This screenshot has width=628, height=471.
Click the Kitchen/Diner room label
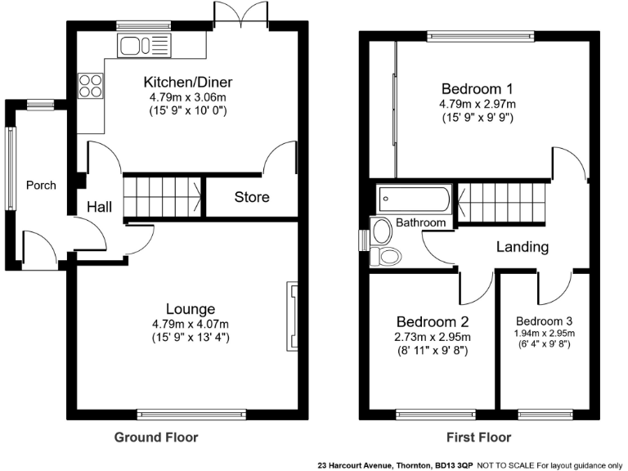(188, 83)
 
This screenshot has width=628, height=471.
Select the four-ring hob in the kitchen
(90, 86)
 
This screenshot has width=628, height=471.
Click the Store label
(252, 197)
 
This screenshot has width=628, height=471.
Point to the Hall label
(99, 208)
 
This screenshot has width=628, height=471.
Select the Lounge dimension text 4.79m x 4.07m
(190, 323)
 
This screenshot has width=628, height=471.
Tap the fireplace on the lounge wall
(291, 315)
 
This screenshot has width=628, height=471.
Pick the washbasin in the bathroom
(381, 231)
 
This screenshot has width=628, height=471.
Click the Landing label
(522, 246)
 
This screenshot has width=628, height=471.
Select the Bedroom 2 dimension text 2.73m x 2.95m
(433, 336)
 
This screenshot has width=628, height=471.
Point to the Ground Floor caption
(155, 437)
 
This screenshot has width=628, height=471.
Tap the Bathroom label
(421, 222)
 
